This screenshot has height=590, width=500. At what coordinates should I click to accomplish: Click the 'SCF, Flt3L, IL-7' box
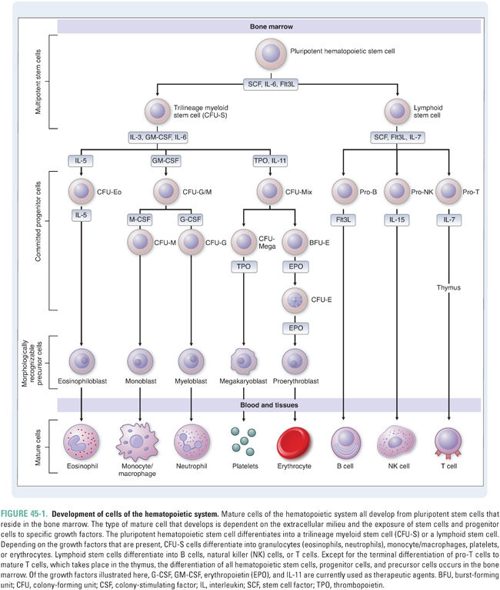398,136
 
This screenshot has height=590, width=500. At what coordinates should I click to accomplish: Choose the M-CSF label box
139,219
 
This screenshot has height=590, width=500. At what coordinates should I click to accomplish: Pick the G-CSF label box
190,219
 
